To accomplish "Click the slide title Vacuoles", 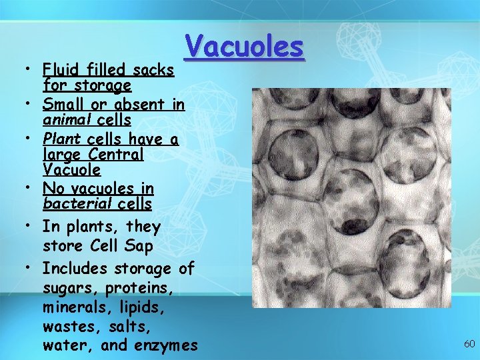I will (245, 47).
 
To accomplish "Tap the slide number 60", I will (469, 344).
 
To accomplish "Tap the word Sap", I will (139, 246).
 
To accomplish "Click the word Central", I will (117, 154).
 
